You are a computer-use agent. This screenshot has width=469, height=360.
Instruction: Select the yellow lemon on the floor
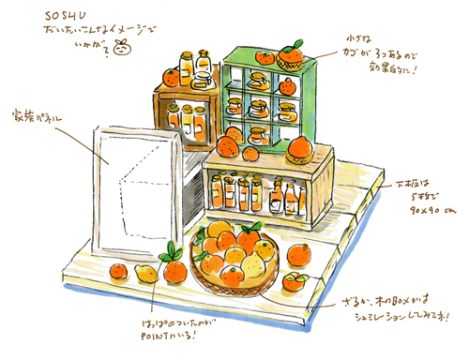(x=145, y=273)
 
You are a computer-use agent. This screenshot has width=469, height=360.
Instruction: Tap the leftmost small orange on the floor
(x=118, y=271)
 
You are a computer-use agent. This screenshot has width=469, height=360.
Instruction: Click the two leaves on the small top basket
(x=297, y=43)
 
